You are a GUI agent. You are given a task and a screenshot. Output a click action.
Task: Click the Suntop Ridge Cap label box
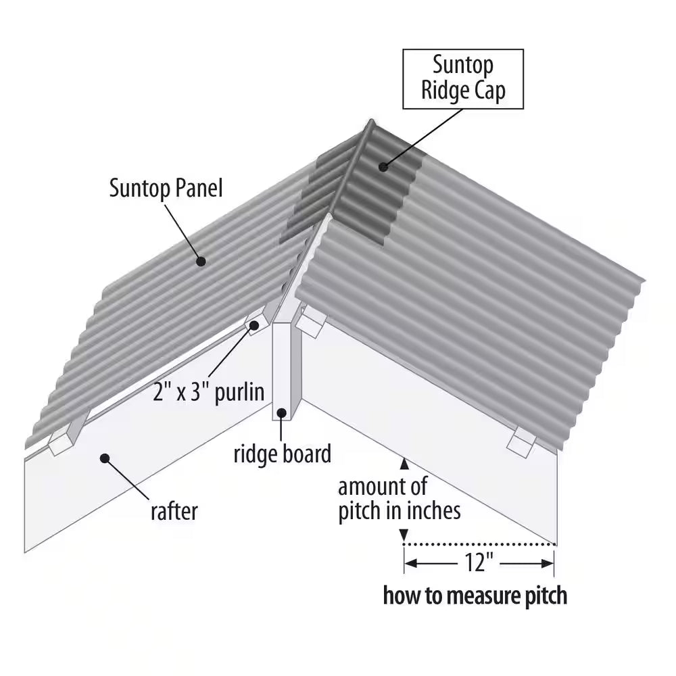coord(463,78)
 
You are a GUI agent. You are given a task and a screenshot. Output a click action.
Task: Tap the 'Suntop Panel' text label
coord(166,189)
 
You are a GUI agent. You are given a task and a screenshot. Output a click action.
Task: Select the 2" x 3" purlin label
coord(208,393)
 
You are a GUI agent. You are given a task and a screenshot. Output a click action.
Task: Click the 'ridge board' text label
coord(283,454)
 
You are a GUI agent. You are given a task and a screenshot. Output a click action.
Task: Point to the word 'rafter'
coord(174,510)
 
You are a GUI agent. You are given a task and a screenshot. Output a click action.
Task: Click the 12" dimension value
coord(479,562)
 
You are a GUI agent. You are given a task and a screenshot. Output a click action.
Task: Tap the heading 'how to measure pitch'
coord(475,596)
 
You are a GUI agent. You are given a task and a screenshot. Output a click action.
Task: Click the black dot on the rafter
coord(105,458)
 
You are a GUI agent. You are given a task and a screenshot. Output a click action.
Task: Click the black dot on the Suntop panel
coord(201,260)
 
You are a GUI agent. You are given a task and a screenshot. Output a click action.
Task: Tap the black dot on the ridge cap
coord(383,166)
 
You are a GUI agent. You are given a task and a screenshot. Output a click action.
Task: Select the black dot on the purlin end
coord(255,325)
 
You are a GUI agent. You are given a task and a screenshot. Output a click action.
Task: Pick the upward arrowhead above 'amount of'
coord(404,464)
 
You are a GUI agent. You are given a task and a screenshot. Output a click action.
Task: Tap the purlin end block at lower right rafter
coord(522,442)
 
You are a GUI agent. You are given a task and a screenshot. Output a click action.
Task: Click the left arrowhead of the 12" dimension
coord(410,562)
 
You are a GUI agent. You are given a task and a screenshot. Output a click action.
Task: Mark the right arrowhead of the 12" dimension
coord(549,562)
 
